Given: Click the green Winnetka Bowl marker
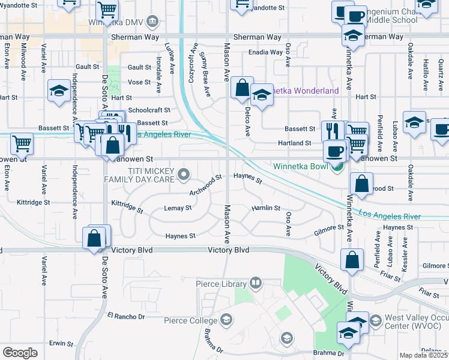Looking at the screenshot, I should pos(337,166).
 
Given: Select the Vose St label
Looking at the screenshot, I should pos(139,82).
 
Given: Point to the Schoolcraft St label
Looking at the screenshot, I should pos(149,110).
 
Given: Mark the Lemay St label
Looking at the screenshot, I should pos(177,208).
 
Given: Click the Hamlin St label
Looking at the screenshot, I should pos(266,208).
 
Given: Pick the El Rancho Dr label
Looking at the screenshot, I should pos(126,316).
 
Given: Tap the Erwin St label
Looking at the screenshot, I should pos(61,344).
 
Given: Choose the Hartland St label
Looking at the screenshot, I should pos(294,143).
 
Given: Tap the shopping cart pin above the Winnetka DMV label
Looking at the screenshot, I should pos(107,8).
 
